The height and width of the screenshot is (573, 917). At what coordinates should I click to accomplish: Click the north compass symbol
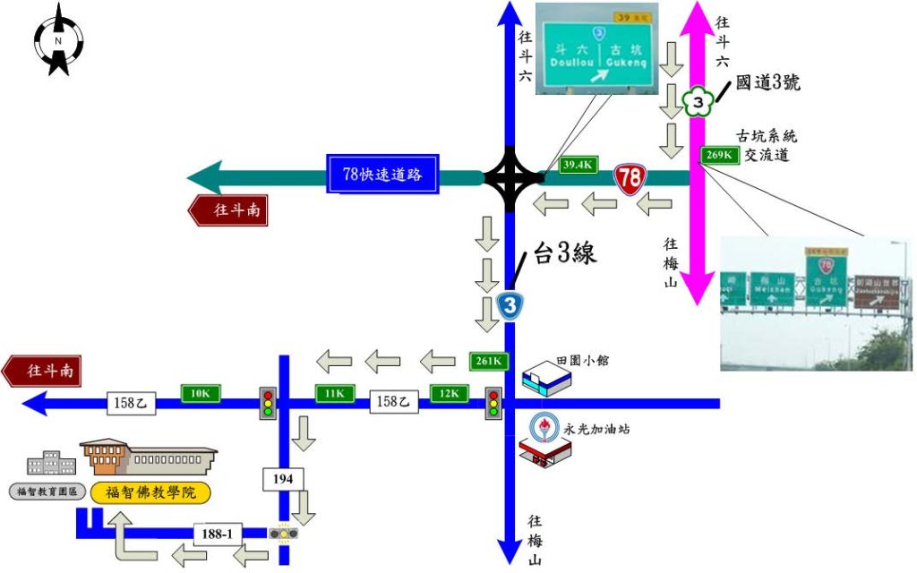click(x=58, y=40)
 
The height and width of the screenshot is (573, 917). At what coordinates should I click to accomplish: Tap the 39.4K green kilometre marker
click(x=578, y=165)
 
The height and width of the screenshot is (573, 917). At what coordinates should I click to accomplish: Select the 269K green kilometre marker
click(x=720, y=155)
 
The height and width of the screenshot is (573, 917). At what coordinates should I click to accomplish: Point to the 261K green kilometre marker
click(x=490, y=362)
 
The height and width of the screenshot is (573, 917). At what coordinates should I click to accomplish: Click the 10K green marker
click(x=201, y=393)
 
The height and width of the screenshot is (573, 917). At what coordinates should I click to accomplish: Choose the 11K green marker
click(x=333, y=393)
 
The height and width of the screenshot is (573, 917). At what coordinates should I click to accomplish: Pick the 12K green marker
click(x=449, y=393)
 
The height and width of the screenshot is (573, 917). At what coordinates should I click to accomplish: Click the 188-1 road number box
click(x=219, y=535)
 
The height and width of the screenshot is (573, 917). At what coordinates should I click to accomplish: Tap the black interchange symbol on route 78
click(x=510, y=177)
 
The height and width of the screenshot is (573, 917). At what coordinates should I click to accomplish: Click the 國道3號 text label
click(x=767, y=83)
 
